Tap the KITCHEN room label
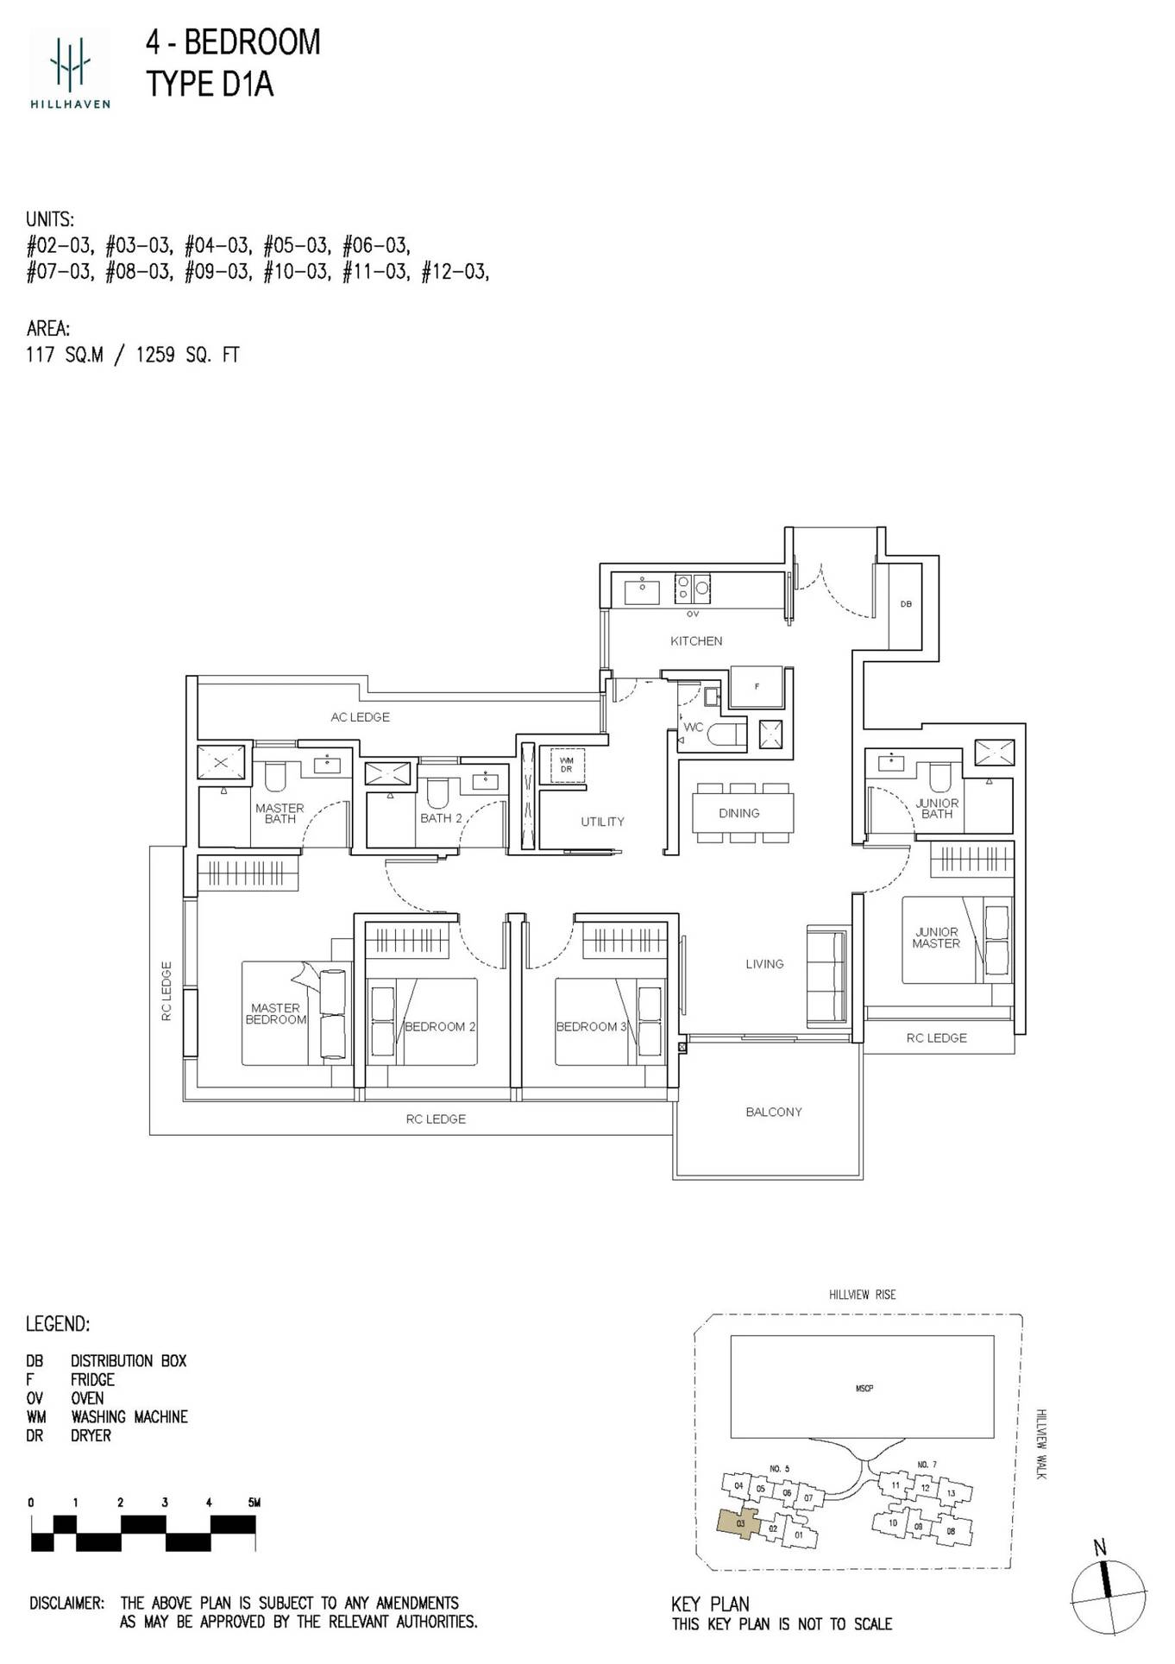click(696, 641)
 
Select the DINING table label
click(739, 813)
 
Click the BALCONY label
click(774, 1112)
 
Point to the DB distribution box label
click(906, 604)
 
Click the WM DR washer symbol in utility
click(566, 765)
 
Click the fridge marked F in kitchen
click(757, 687)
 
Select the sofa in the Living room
click(826, 976)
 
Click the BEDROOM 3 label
click(591, 1027)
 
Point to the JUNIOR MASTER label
click(936, 938)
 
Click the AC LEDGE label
click(360, 717)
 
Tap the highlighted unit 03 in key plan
click(739, 1524)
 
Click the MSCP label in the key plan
click(864, 1389)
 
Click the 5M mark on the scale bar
click(253, 1503)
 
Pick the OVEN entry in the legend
click(86, 1398)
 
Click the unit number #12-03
click(454, 273)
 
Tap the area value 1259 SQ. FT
click(187, 355)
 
